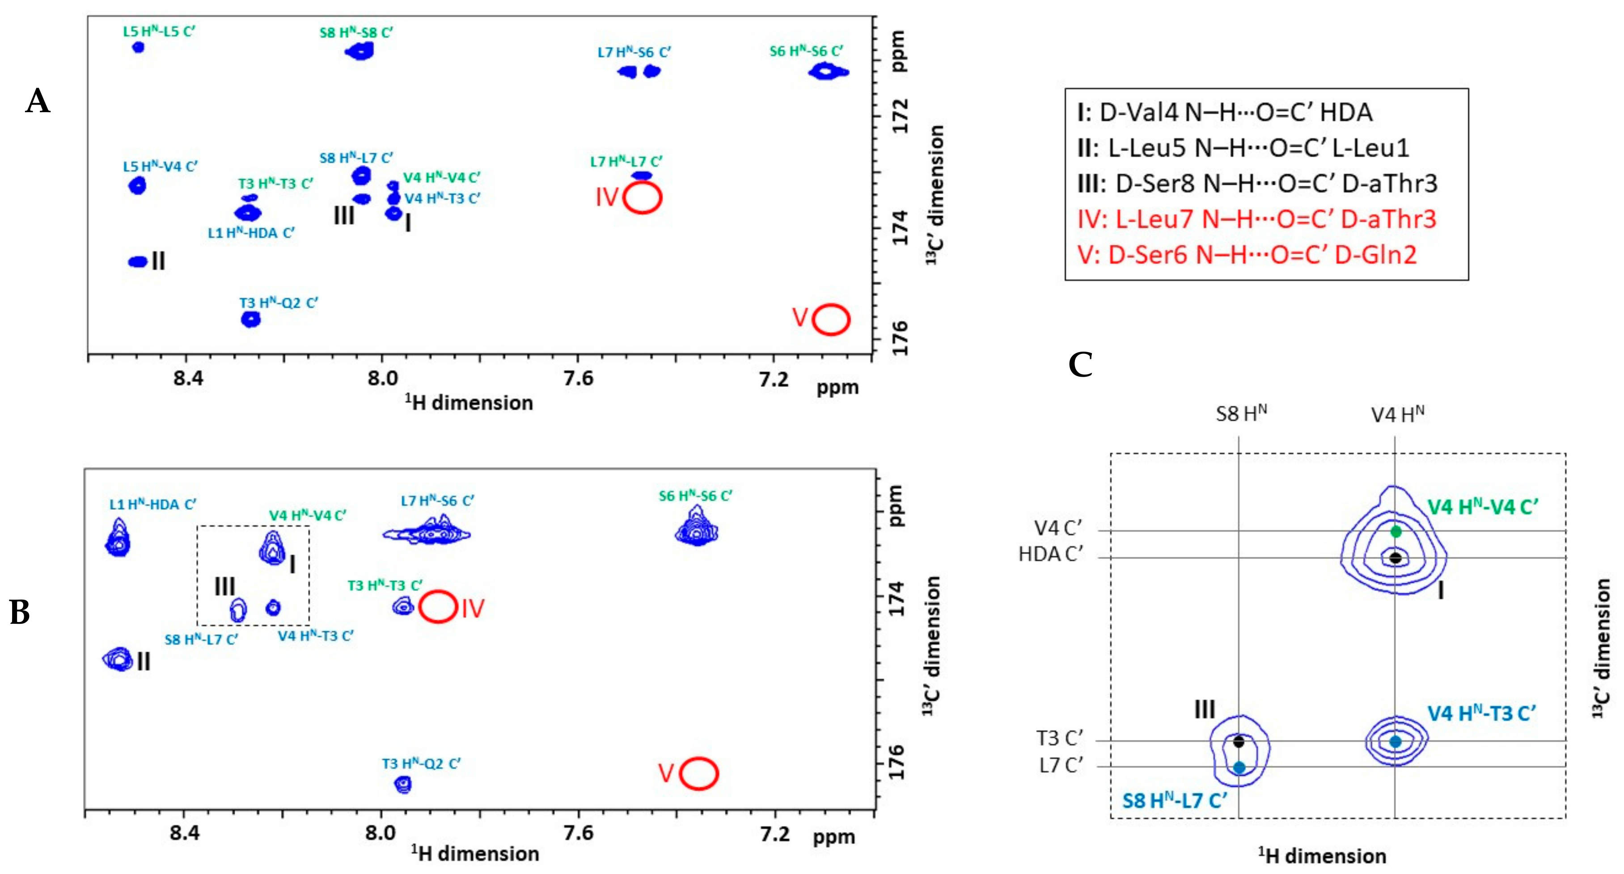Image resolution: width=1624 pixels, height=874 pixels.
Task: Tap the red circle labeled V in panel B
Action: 698,773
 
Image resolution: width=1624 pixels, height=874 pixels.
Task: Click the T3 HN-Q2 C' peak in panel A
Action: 251,319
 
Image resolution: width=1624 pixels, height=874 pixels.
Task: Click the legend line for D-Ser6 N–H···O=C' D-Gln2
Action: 1246,255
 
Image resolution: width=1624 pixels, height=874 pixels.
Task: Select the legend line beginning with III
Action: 1257,183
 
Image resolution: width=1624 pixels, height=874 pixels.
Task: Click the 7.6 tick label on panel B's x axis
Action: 578,834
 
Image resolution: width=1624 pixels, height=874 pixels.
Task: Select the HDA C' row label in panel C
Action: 1050,555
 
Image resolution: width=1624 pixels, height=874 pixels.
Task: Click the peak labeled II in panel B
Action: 118,659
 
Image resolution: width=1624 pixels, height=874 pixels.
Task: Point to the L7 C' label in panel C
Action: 1061,766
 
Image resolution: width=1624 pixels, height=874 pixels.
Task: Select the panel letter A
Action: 38,101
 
